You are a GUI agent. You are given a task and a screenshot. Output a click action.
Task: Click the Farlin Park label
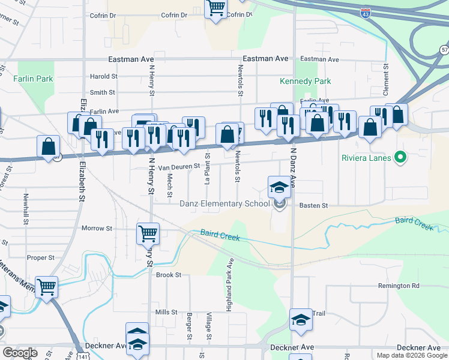34,79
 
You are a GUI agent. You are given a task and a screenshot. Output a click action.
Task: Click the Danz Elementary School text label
224,203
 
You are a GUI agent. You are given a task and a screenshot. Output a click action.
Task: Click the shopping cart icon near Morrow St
148,233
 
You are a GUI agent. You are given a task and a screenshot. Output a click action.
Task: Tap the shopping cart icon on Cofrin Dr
215,9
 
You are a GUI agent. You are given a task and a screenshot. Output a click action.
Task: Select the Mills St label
166,312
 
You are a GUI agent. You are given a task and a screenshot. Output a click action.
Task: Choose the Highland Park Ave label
229,284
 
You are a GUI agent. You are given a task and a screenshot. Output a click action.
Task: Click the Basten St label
316,206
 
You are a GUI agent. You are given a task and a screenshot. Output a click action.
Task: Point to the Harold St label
103,77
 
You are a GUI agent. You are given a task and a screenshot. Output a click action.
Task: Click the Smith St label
103,92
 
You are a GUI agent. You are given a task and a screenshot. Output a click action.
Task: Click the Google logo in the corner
20,352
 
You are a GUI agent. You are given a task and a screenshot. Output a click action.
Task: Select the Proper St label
41,257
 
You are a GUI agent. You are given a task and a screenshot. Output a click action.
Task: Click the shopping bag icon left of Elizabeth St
48,146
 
